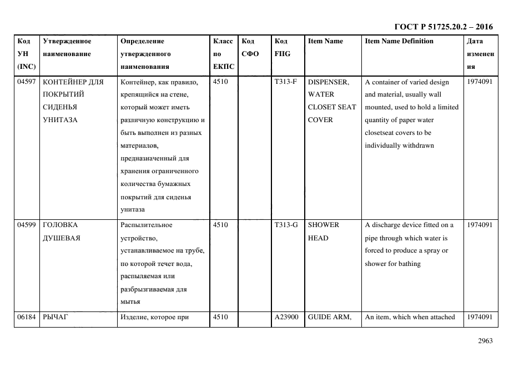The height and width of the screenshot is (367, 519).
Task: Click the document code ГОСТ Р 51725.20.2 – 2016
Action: click(443, 27)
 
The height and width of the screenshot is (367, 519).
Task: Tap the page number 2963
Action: click(485, 341)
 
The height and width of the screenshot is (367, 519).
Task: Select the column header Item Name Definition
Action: click(399, 41)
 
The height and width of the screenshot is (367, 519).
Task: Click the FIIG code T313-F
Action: click(285, 82)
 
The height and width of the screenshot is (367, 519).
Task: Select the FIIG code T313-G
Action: click(286, 225)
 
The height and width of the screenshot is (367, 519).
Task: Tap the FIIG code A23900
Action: click(286, 317)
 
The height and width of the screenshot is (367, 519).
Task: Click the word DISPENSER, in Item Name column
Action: click(328, 82)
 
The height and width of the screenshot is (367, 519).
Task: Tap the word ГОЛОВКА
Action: click(61, 225)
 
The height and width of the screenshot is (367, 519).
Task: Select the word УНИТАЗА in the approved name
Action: click(59, 120)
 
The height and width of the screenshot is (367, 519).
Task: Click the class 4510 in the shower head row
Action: click(221, 225)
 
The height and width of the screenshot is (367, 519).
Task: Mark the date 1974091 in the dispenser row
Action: click(480, 82)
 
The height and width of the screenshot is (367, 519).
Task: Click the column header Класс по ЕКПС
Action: click(223, 54)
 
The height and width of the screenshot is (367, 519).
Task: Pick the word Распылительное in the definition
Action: click(146, 225)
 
